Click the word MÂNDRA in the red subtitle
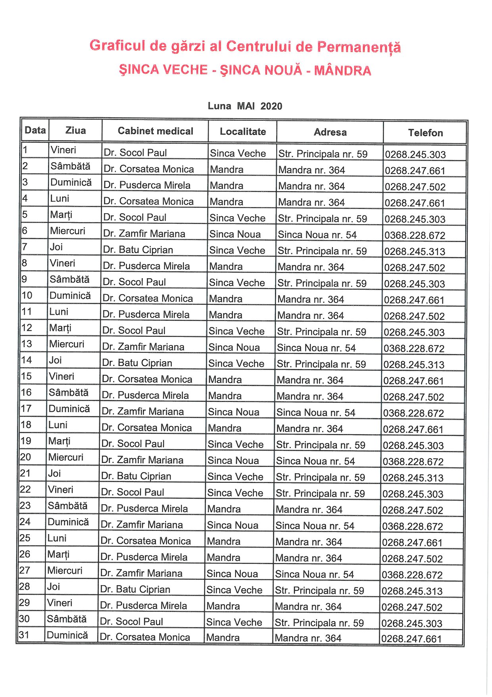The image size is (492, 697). tap(342, 71)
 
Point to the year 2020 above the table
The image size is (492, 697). tap(271, 106)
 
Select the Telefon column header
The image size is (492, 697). tap(425, 133)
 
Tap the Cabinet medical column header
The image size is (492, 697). tap(155, 131)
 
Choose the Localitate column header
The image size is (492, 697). tap(243, 132)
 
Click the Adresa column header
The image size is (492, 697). tap(330, 132)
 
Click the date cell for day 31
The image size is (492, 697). tap(24, 635)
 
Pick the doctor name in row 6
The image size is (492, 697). tap(144, 234)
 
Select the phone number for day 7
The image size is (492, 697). tap(415, 252)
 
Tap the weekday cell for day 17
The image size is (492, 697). tap(69, 409)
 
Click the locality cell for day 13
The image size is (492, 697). tap(234, 347)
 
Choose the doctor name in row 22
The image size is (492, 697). tap(133, 492)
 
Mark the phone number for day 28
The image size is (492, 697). tap(412, 591)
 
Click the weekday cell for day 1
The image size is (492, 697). tap(63, 150)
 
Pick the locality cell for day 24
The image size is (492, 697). tap(233, 525)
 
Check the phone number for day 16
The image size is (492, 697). tap(413, 397)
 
